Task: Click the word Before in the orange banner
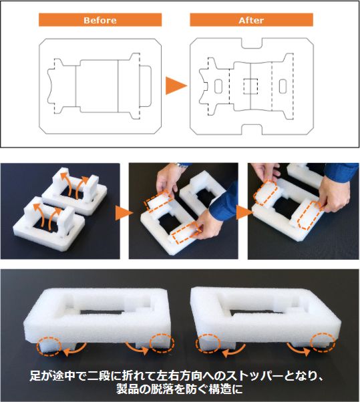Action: pos(100,20)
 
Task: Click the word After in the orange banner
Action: pos(251,20)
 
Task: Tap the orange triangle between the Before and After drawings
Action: pos(176,85)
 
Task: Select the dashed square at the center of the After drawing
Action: pos(250,86)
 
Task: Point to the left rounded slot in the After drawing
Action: pos(218,86)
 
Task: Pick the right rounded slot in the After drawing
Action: pos(283,86)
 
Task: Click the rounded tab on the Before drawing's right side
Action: pos(146,86)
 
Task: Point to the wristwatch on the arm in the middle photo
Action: pos(182,166)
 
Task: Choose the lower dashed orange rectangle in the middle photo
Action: pos(186,233)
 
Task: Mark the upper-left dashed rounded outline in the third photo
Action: pos(265,193)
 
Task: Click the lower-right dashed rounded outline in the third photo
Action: pos(311,215)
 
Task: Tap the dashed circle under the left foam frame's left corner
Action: pos(49,347)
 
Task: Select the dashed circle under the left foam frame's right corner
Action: pos(162,343)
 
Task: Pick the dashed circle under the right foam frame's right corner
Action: pos(323,343)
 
